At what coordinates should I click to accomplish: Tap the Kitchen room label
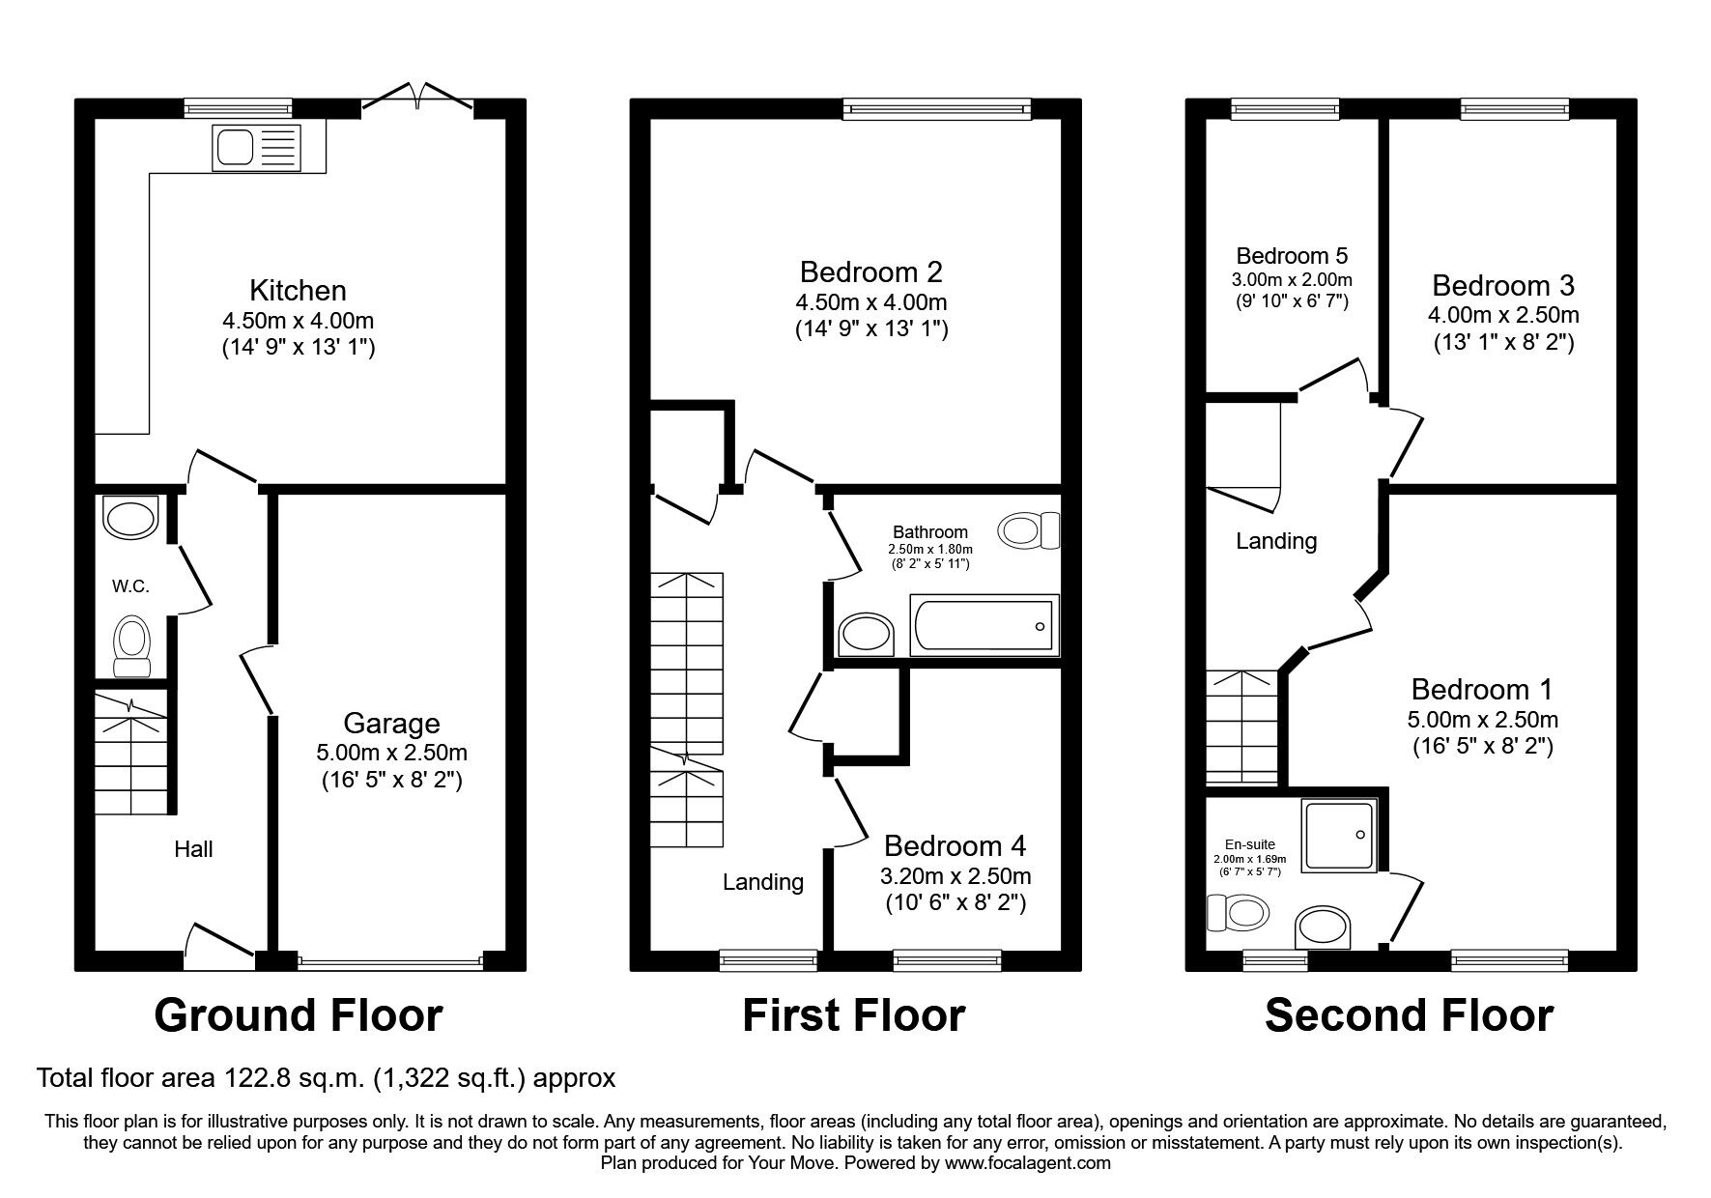click(x=298, y=290)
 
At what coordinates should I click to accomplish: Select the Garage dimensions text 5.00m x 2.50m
click(x=391, y=752)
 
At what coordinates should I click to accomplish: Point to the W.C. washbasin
click(x=130, y=518)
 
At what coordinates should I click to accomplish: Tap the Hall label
click(x=193, y=849)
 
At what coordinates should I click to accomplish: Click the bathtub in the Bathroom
click(x=984, y=624)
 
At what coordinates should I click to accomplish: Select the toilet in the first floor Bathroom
click(x=1029, y=529)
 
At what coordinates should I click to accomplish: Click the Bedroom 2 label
click(x=870, y=272)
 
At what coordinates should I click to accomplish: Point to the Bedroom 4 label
click(x=955, y=846)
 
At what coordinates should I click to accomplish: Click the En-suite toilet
click(x=1238, y=912)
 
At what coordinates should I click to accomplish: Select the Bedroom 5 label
click(x=1292, y=256)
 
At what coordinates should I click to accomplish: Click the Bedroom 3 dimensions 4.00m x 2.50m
click(x=1503, y=315)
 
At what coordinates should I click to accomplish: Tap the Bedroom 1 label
click(x=1482, y=690)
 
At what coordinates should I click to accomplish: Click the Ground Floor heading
click(x=299, y=1015)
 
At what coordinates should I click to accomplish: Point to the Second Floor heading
click(x=1409, y=1015)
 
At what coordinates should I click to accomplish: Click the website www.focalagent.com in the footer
click(x=1028, y=1163)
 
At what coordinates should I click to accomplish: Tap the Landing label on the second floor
click(x=1276, y=541)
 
